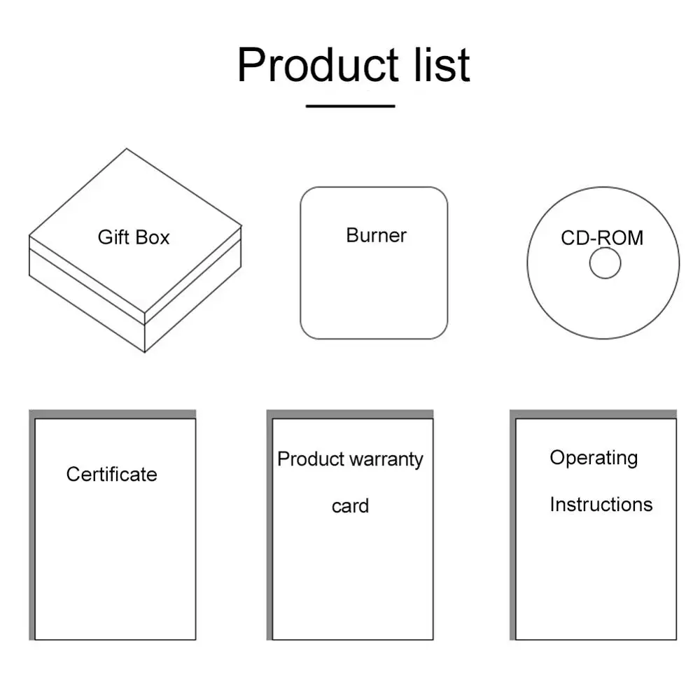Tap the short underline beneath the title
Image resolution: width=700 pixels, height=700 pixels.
(x=350, y=106)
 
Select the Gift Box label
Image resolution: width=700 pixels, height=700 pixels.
(x=134, y=237)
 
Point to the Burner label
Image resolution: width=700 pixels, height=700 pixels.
(x=376, y=235)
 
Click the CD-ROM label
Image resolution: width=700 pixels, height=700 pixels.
(x=601, y=238)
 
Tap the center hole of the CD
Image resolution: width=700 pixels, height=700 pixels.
(x=605, y=264)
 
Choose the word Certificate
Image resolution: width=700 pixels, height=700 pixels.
(x=112, y=475)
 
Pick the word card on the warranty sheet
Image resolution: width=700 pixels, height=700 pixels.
(x=350, y=506)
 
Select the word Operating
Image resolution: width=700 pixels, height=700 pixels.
(x=594, y=458)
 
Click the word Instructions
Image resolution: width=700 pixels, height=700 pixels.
(x=601, y=505)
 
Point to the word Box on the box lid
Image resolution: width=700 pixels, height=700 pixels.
(x=153, y=237)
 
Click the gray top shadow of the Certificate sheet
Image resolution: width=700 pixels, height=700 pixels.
(x=112, y=414)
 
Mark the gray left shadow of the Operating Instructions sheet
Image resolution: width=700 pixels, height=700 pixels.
(x=512, y=525)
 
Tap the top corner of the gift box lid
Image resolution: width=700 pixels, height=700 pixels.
(x=127, y=149)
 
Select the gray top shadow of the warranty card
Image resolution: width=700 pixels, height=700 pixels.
(x=350, y=414)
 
